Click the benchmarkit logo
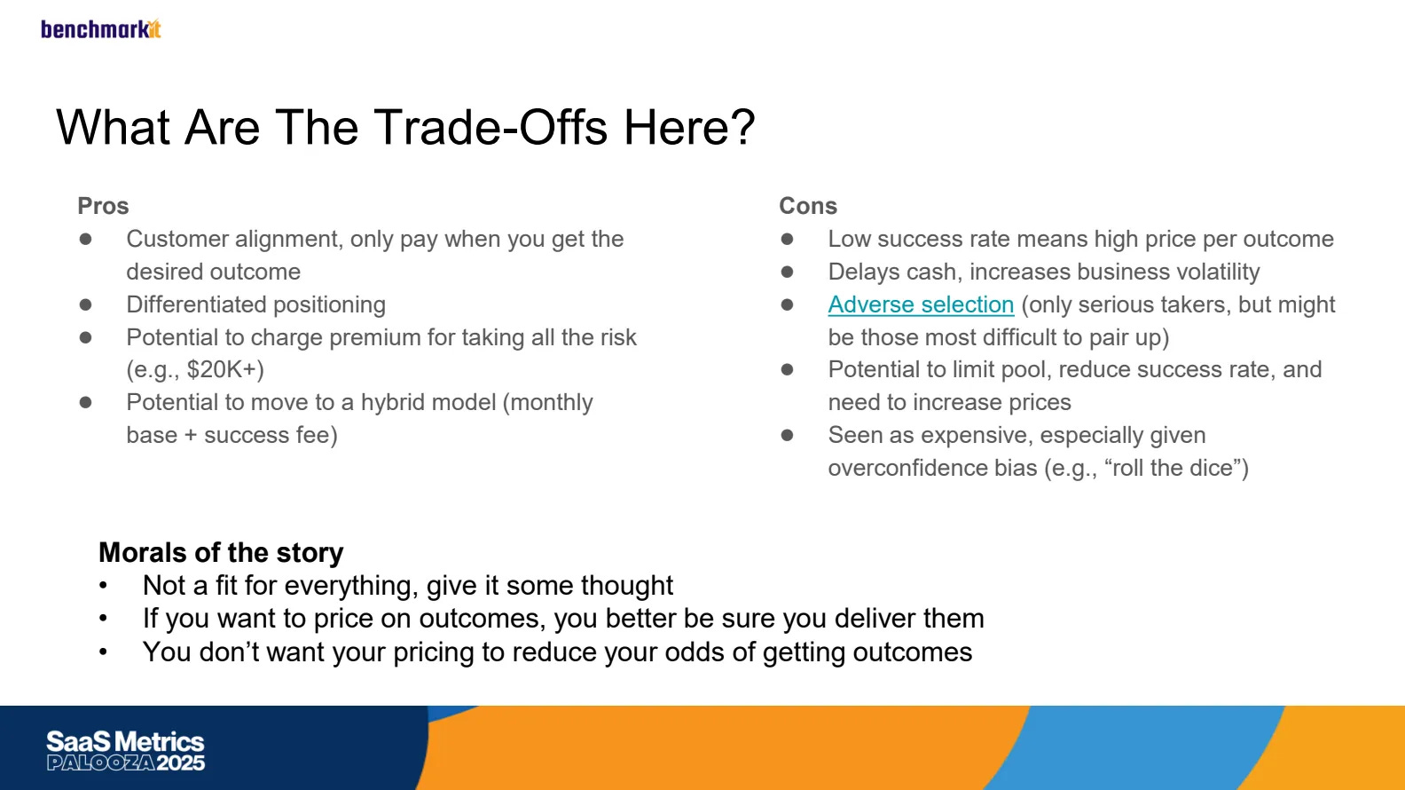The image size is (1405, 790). [101, 29]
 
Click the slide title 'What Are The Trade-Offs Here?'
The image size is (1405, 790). [406, 128]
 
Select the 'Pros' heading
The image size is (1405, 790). [103, 206]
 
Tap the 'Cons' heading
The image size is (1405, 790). [808, 206]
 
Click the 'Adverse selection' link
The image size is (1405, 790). [921, 304]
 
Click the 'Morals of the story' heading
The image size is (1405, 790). [221, 552]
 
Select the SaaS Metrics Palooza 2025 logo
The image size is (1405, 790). [125, 750]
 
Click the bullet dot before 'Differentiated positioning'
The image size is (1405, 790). [86, 305]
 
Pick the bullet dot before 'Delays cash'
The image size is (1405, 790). [787, 272]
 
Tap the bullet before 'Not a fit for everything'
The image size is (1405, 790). [103, 586]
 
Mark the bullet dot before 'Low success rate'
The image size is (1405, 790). [787, 239]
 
